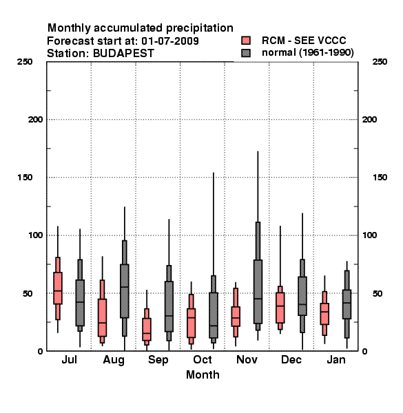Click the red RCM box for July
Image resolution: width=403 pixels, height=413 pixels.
point(58,288)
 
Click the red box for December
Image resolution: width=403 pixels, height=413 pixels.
point(280,308)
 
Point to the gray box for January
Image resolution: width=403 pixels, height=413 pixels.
point(347,304)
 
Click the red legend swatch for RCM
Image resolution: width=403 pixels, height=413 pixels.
point(246,41)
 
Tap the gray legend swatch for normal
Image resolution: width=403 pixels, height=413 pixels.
point(246,53)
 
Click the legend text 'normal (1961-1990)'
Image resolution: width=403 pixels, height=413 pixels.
point(307,52)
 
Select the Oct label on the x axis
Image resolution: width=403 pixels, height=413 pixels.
point(202,359)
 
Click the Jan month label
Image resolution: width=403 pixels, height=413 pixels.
point(336,359)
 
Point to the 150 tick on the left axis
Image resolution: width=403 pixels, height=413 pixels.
point(25,178)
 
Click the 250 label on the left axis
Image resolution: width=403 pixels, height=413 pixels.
point(25,62)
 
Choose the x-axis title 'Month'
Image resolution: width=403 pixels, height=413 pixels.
point(203,374)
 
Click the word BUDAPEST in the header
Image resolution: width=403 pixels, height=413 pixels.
point(123,53)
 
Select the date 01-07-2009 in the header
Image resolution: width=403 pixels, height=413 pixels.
point(170,41)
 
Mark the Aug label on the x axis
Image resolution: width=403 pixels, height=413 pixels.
point(114,360)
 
